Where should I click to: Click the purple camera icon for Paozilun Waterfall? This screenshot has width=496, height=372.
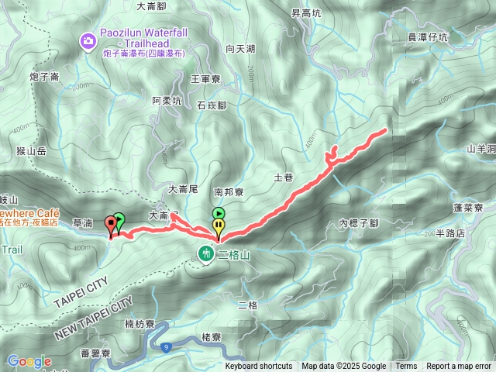click(x=88, y=40)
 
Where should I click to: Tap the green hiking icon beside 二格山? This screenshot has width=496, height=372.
click(x=205, y=253)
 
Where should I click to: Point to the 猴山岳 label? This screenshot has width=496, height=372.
click(x=31, y=151)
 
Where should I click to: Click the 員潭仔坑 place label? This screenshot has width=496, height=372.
click(x=427, y=36)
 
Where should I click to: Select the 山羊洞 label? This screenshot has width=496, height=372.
click(x=480, y=148)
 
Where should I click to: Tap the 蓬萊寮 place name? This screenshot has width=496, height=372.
click(x=468, y=208)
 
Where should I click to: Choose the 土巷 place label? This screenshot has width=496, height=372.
click(x=283, y=177)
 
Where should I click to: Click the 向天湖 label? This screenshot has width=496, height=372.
click(x=240, y=48)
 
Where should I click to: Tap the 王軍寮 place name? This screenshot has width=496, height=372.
click(x=206, y=78)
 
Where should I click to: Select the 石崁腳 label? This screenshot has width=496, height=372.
click(x=212, y=105)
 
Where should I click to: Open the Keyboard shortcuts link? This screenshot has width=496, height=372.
click(x=259, y=367)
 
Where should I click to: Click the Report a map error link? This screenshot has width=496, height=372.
click(x=458, y=367)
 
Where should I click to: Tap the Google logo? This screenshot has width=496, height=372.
click(x=29, y=361)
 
